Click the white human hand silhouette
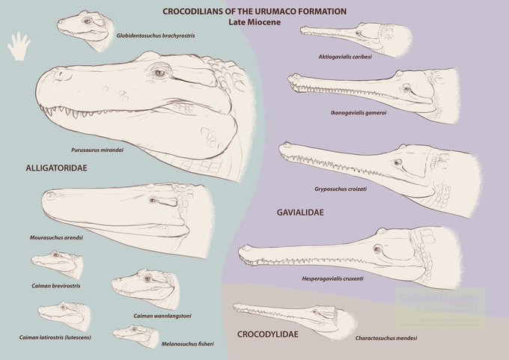pos(19,46)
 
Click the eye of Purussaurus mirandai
pos(158,73)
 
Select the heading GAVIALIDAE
pos(299,213)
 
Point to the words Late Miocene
pos(254,22)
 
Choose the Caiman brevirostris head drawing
pos(55,264)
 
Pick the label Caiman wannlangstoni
pos(163,316)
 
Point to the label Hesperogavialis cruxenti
pos(354,278)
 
